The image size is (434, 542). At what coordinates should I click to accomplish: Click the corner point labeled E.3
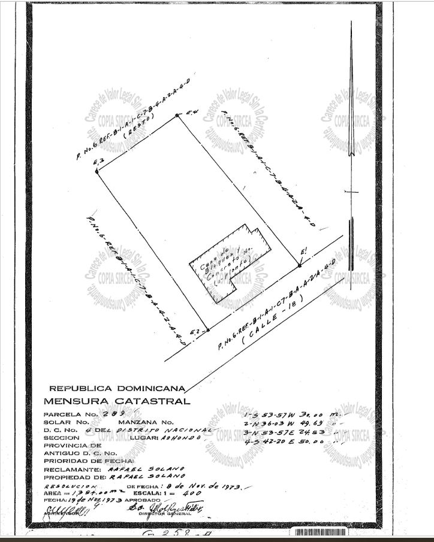pos(97,171)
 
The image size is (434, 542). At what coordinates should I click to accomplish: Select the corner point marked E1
pos(300,266)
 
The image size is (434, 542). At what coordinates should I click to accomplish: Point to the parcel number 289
pos(113,414)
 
